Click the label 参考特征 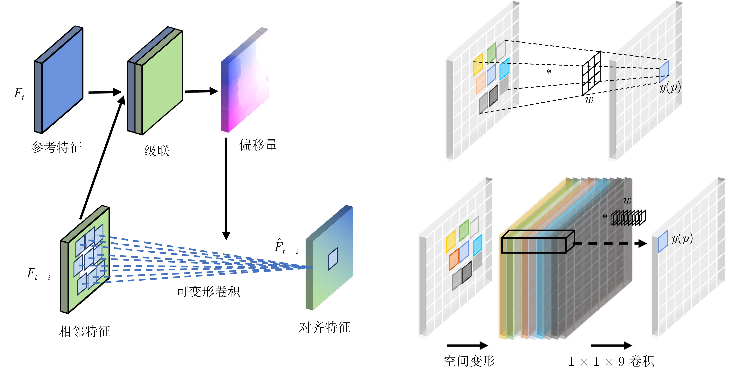(x=57, y=148)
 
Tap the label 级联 (x=157, y=150)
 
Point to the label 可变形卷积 (x=208, y=292)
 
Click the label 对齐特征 (x=325, y=327)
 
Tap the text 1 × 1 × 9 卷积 (x=611, y=361)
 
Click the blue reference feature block (x=59, y=80)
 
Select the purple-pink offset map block (x=245, y=80)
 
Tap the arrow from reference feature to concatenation (x=105, y=92)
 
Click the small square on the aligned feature (x=333, y=259)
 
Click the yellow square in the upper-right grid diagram (x=478, y=65)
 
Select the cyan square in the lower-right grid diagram (x=477, y=245)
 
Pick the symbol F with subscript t (x=19, y=94)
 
